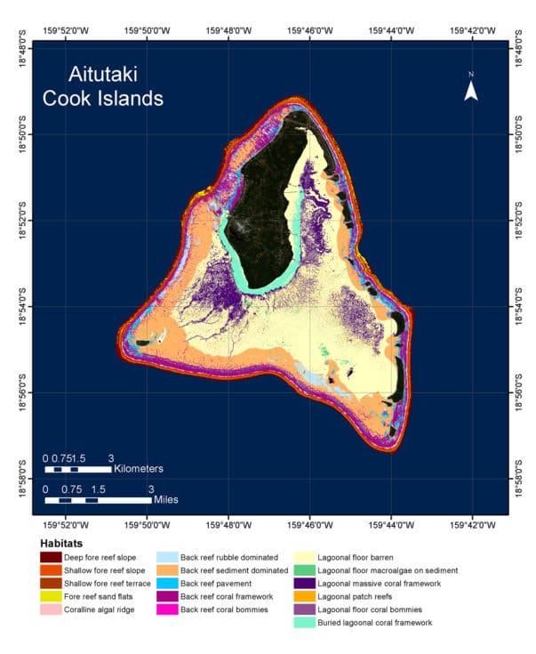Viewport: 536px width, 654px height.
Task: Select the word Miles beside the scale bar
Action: click(163, 499)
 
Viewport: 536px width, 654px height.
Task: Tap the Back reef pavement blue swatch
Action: click(166, 583)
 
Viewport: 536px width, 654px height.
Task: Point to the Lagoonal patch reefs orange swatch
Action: click(305, 596)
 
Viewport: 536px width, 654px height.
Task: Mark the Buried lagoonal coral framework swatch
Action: click(305, 623)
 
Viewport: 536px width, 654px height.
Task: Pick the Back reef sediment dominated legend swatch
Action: click(166, 570)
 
